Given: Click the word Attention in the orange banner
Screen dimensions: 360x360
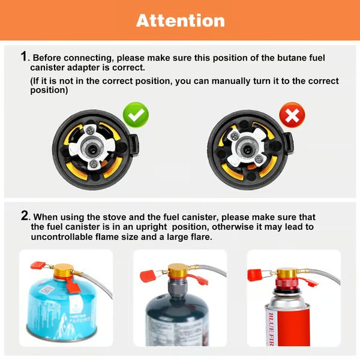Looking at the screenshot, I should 180,20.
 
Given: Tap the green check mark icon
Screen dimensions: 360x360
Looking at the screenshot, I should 135,114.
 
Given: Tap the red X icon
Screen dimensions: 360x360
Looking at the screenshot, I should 292,115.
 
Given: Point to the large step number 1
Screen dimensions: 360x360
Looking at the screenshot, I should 24,56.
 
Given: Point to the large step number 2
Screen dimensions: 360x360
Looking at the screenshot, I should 25,215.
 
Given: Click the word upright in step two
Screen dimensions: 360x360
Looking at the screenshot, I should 163,227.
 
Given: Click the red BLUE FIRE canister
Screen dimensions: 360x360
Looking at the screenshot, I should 289,318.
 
